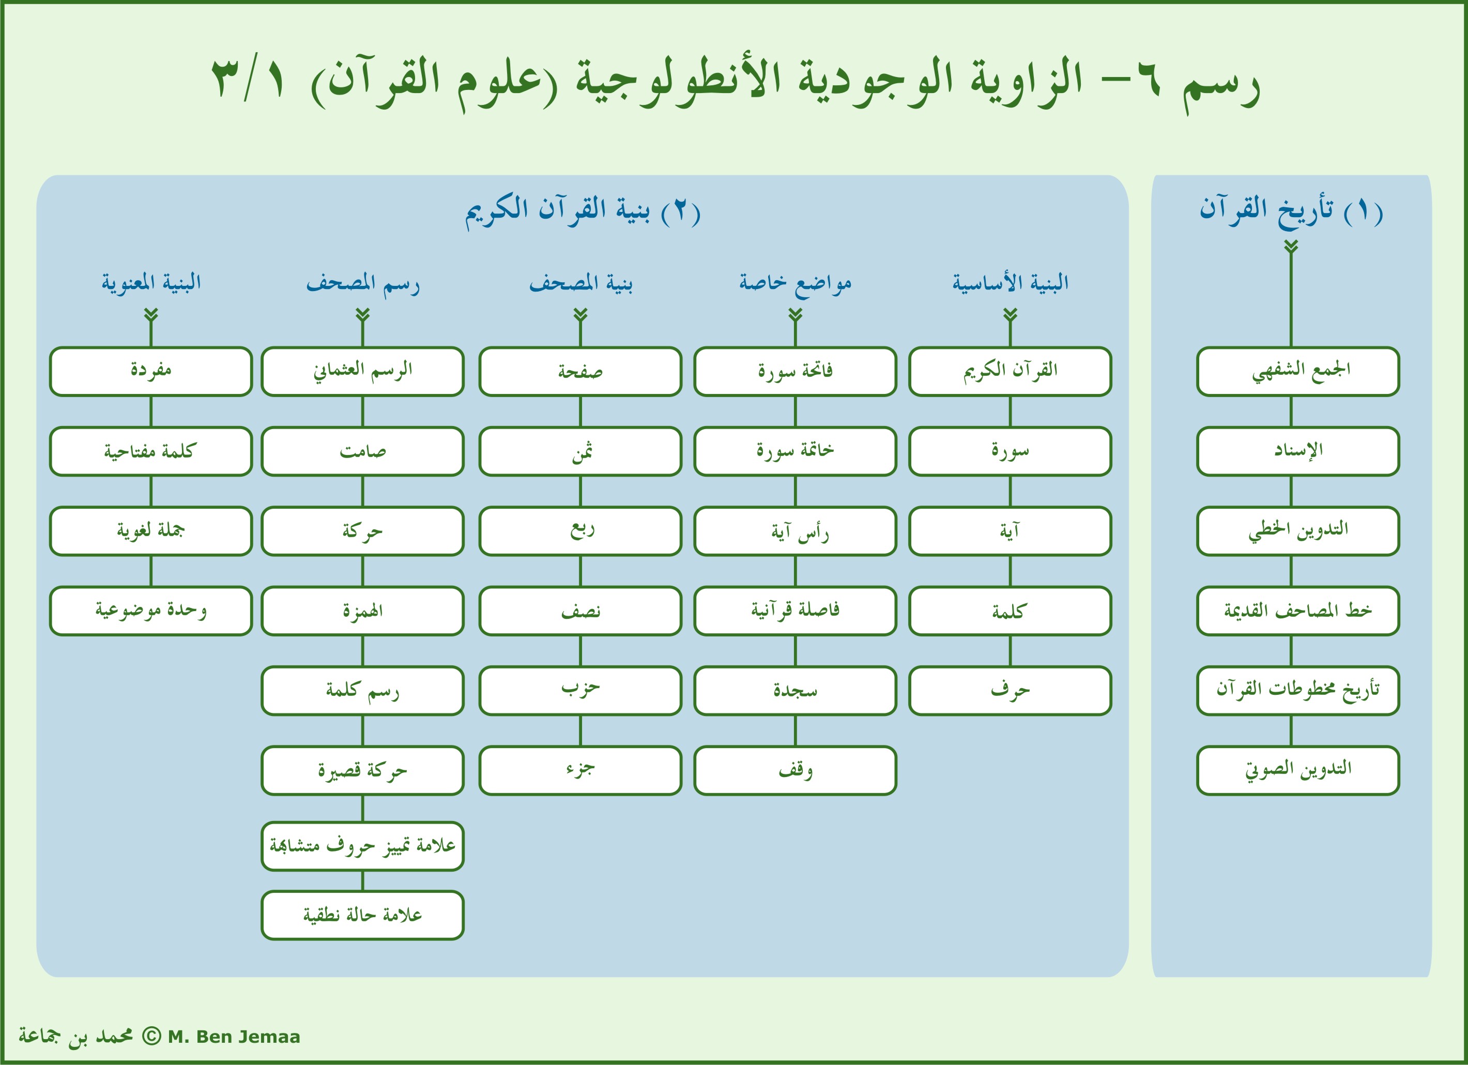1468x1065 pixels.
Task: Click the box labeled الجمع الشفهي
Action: tap(1298, 372)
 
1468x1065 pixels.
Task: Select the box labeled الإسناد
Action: tap(1298, 451)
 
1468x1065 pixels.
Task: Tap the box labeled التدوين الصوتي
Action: tap(1298, 770)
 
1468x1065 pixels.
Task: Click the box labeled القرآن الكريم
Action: tap(1010, 372)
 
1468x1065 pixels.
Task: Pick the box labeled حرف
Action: tap(1010, 691)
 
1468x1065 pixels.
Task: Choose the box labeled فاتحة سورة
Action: tap(795, 372)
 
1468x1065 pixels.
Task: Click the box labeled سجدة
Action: tap(795, 691)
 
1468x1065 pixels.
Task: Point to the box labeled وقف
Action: tap(795, 770)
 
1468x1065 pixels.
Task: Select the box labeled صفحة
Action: tap(580, 372)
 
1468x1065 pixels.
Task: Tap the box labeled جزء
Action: tap(580, 770)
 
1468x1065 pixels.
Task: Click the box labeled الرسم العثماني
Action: tap(362, 372)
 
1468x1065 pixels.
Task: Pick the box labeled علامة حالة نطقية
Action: tap(362, 915)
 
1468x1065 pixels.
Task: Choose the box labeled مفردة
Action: tap(151, 372)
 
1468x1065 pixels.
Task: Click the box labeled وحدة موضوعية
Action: tap(151, 611)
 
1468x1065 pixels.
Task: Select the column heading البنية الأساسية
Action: tap(1010, 283)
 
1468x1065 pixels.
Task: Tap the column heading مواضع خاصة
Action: tap(795, 283)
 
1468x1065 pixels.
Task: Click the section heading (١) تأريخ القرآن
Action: tap(1291, 210)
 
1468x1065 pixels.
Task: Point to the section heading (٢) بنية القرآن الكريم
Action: tap(583, 210)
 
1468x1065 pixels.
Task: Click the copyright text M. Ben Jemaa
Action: tap(234, 1037)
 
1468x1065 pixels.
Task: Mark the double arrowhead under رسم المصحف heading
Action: tap(362, 315)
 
